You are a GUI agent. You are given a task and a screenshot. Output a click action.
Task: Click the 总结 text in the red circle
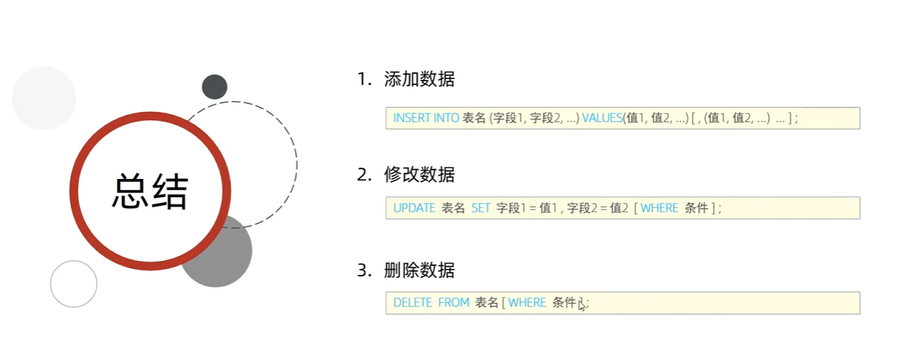tap(150, 191)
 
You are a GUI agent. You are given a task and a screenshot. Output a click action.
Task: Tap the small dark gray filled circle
tap(214, 87)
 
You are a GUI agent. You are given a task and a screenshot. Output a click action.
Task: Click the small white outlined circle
tap(74, 284)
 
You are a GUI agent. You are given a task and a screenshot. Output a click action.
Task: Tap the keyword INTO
tap(446, 118)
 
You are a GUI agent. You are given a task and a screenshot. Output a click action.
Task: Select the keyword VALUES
tap(602, 118)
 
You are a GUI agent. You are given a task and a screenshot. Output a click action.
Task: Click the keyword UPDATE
tap(414, 208)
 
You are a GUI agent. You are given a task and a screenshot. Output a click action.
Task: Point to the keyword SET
tap(481, 208)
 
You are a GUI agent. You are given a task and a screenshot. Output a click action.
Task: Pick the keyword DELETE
tap(412, 303)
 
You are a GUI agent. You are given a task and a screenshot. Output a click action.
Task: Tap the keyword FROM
tap(453, 303)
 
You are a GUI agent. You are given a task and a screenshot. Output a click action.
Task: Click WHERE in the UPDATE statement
tap(659, 208)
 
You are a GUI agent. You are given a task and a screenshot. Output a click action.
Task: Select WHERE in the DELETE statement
tap(527, 303)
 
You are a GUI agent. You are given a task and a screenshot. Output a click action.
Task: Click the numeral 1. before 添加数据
tap(364, 79)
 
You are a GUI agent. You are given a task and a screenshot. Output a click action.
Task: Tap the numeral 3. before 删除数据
tap(364, 269)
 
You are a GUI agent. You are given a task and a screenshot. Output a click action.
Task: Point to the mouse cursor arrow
tap(581, 306)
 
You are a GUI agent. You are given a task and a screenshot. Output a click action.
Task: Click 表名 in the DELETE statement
tap(486, 303)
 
